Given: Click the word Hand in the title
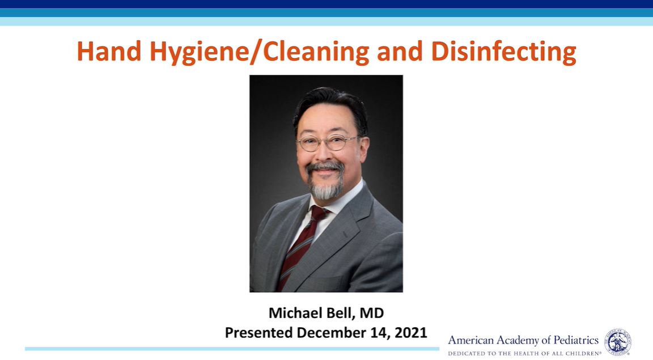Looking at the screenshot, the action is [109, 51].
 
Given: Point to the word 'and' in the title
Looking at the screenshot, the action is [400, 51].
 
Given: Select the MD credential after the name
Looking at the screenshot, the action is [372, 312].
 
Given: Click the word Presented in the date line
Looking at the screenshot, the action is [258, 332].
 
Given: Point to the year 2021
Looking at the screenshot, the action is [410, 332].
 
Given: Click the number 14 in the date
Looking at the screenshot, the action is [380, 333].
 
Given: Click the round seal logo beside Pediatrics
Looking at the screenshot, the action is [618, 342].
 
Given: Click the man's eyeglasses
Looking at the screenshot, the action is [328, 143].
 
